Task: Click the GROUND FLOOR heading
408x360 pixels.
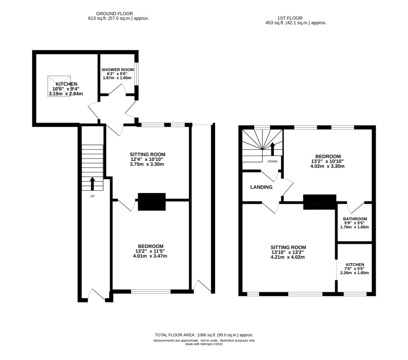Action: [115, 13]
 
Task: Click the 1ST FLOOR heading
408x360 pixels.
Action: [290, 18]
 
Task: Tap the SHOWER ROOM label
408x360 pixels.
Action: [117, 70]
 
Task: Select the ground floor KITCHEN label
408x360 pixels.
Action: [66, 84]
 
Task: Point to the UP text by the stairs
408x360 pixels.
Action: [92, 196]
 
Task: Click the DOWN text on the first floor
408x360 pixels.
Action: [273, 161]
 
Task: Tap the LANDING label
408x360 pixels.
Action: [261, 187]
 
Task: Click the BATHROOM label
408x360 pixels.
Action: [355, 219]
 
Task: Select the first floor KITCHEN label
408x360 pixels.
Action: [355, 265]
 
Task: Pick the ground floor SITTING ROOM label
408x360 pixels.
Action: [147, 154]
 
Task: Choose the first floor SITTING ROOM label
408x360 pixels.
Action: [288, 248]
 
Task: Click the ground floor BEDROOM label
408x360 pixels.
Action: [151, 246]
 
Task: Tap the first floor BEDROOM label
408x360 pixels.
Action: [328, 156]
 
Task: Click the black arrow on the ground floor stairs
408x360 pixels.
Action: [93, 184]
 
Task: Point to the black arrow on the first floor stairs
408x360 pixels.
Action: [273, 149]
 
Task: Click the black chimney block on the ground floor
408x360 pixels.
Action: [152, 201]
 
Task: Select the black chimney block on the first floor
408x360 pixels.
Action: [320, 202]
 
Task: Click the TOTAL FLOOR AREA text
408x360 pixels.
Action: [204, 335]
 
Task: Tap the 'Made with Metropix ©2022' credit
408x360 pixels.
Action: [204, 344]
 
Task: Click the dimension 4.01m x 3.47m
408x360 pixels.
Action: [150, 256]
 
